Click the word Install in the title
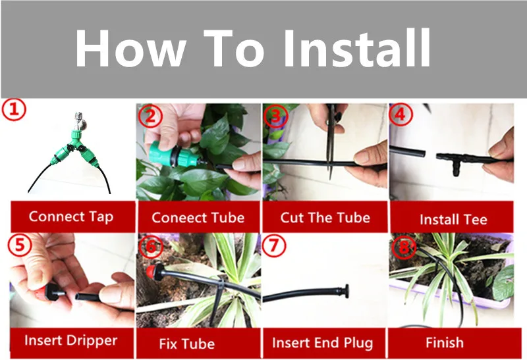point(357,48)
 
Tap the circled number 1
point(14,110)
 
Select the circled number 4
point(401,115)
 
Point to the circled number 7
point(274,246)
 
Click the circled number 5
point(20,245)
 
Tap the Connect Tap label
point(71,217)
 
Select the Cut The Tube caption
point(325,218)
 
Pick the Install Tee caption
point(453,220)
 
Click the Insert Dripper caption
point(71,340)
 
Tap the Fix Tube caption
point(187,344)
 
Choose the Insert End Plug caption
point(323,343)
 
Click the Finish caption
point(445,343)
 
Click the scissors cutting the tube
point(331,141)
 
